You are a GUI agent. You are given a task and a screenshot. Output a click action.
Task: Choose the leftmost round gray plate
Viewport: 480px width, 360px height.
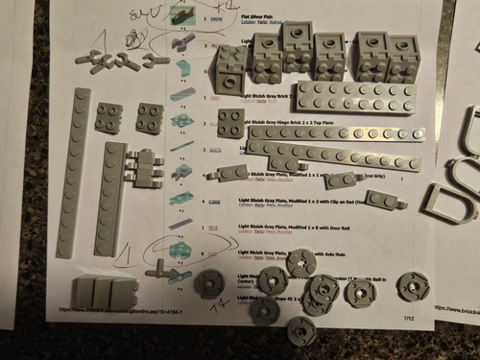point(208,283)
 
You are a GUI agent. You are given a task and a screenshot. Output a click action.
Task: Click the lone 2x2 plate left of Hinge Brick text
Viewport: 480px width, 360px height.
point(230,122)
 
